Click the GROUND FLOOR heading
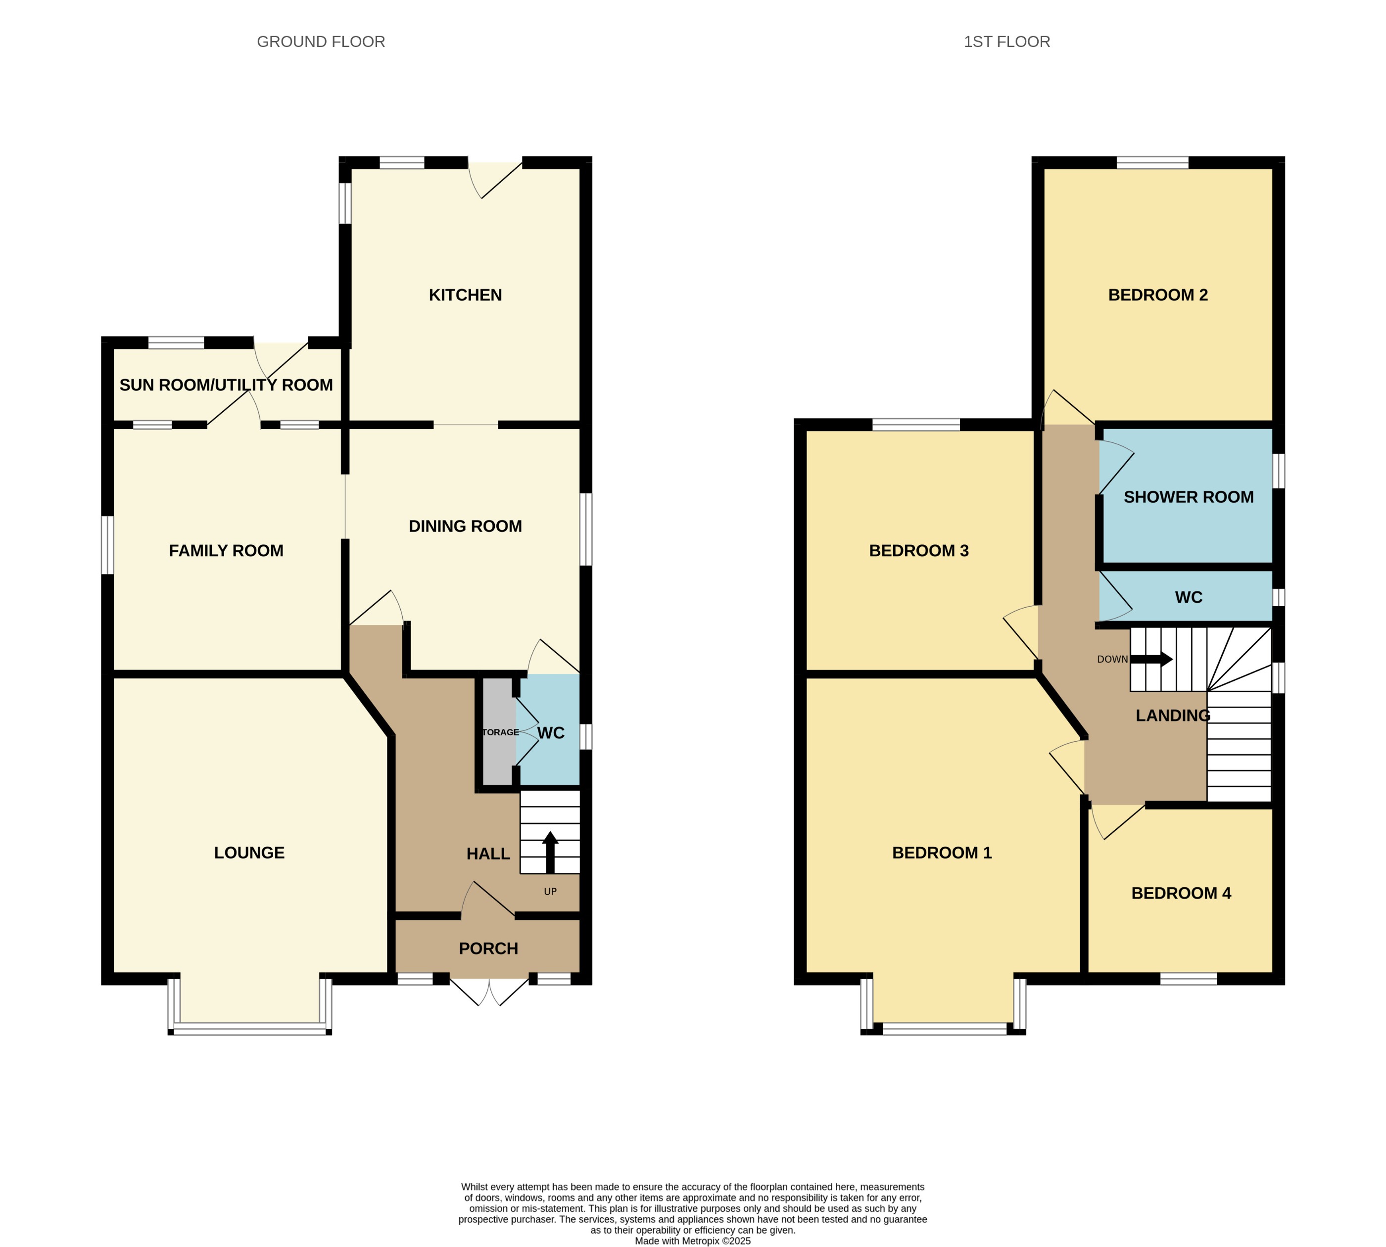click(x=321, y=42)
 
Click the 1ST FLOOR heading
click(x=1006, y=42)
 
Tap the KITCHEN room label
click(x=465, y=295)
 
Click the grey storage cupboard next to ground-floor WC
click(x=497, y=732)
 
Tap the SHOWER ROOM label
click(x=1188, y=497)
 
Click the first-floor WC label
click(x=1188, y=597)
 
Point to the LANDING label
click(x=1172, y=716)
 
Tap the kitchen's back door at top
click(x=495, y=178)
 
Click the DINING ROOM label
click(x=465, y=526)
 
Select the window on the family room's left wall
click(x=107, y=545)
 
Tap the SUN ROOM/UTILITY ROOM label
click(x=226, y=385)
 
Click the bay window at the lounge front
click(x=249, y=1028)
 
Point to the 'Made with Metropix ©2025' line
click(x=692, y=1241)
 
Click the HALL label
click(x=488, y=854)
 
